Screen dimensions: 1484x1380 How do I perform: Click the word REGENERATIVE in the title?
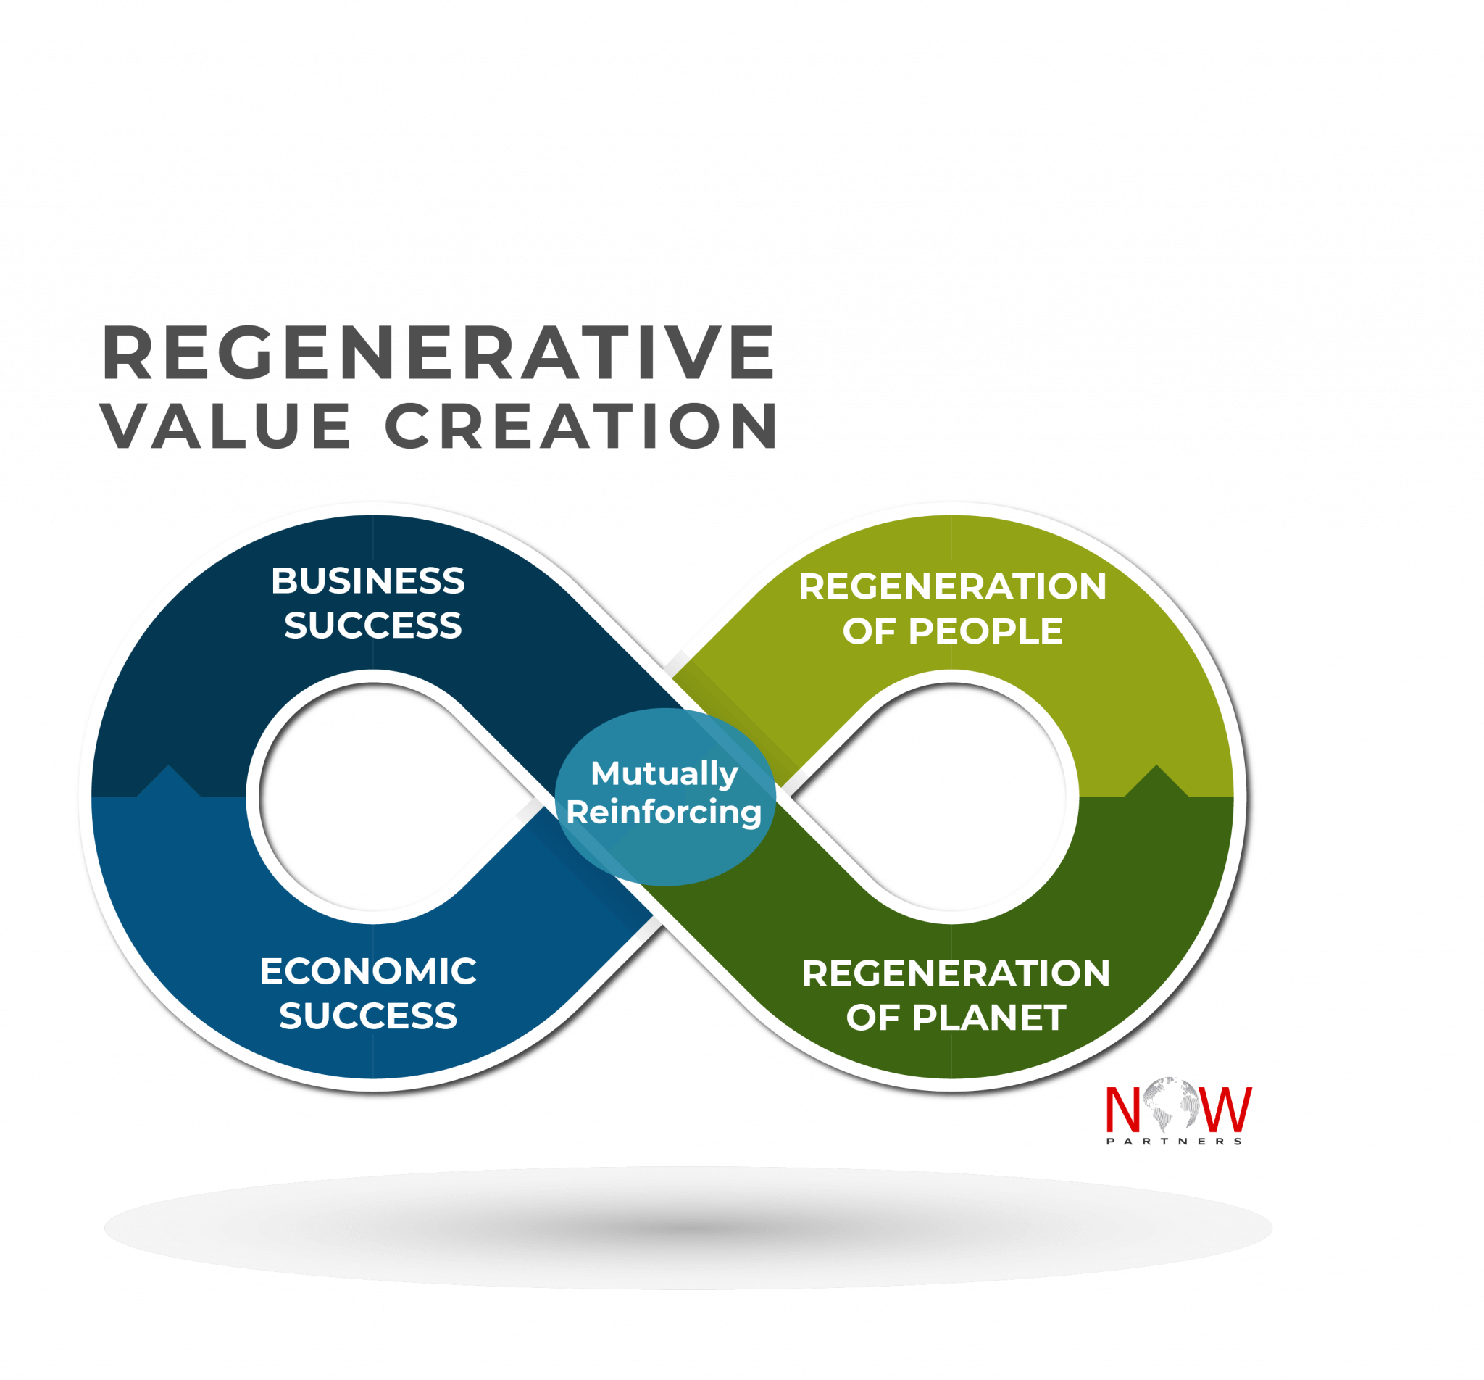pos(438,352)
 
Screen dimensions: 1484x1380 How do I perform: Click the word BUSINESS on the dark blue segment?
pos(368,581)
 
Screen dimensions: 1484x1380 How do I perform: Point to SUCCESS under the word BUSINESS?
pos(373,625)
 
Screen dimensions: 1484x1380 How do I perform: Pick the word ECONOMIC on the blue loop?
pos(368,971)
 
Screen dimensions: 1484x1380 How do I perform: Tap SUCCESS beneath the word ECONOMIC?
pos(368,1016)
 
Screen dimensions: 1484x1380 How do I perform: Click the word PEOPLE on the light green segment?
pos(985,631)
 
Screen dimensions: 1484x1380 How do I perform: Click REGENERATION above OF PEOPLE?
pos(953,586)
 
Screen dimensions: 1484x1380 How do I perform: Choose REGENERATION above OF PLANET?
pos(956,974)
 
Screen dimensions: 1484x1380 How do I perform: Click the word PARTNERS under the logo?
pos(1174,1141)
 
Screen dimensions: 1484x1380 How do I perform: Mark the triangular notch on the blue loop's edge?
pos(169,781)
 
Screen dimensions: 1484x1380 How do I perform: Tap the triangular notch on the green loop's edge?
pos(1156,781)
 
